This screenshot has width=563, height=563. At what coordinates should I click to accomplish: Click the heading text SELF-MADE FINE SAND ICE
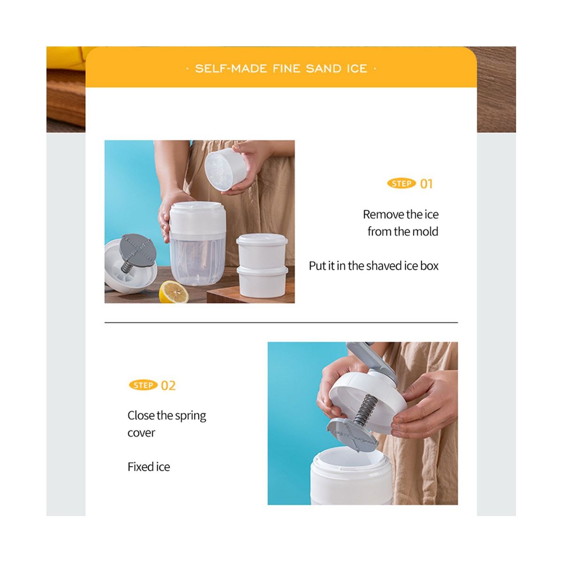click(x=281, y=68)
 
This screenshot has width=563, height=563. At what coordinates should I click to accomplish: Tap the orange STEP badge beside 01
click(x=402, y=183)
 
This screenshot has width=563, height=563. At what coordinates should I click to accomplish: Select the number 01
click(x=426, y=184)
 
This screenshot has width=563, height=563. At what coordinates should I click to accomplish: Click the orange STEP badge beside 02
click(x=143, y=385)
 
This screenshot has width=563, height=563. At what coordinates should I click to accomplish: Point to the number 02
click(x=168, y=385)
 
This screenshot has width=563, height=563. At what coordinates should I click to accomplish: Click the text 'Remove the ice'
click(x=401, y=214)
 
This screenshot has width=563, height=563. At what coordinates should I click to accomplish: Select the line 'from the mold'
click(x=403, y=231)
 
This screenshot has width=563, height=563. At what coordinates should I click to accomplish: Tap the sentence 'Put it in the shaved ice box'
click(x=373, y=266)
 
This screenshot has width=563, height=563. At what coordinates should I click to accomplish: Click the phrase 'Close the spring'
click(x=167, y=416)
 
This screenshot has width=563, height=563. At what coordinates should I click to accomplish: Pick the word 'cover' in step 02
click(x=141, y=433)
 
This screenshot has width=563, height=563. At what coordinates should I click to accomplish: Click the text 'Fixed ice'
click(x=149, y=466)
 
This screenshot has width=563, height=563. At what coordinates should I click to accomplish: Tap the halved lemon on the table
click(x=174, y=291)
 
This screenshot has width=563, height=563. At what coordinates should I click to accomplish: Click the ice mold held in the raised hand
click(x=225, y=169)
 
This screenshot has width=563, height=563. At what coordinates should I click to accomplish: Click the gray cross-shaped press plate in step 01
click(x=136, y=250)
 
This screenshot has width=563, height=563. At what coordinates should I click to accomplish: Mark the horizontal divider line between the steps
click(x=281, y=322)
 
